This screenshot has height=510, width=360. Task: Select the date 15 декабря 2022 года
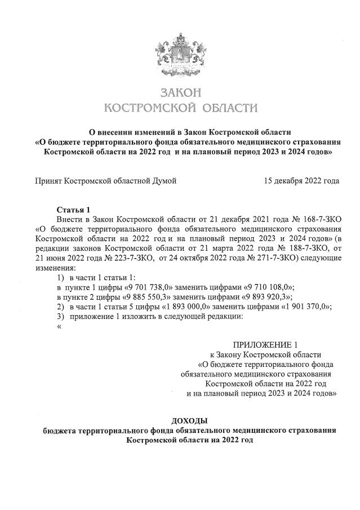301,181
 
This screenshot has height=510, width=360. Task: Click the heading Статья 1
73,210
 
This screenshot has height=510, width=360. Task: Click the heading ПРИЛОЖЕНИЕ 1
264,345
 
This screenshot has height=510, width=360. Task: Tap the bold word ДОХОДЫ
189,421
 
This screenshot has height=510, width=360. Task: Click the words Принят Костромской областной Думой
106,181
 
